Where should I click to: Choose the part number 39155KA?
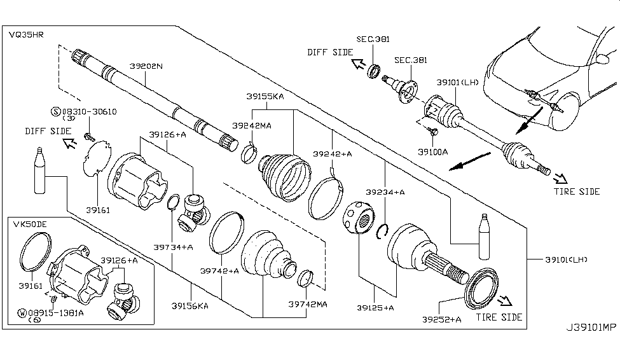tap(265, 97)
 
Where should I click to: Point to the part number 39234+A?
tap(385, 191)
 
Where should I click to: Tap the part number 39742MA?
tap(307, 305)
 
